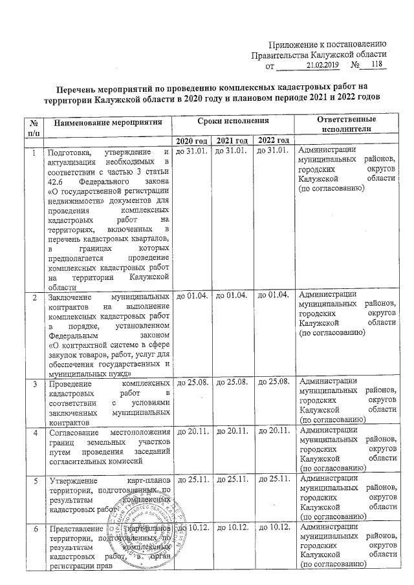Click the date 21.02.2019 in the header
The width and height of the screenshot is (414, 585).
(x=318, y=65)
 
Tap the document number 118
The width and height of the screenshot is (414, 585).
(x=373, y=65)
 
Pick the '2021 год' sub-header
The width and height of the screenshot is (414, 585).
(x=232, y=141)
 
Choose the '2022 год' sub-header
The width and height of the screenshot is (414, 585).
(x=273, y=141)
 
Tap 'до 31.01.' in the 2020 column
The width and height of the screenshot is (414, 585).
(x=191, y=151)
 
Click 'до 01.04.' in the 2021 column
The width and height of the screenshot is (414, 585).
(x=232, y=297)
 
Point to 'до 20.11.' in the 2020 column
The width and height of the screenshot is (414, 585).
(x=191, y=431)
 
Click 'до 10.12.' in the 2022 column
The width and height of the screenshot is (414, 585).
(x=273, y=530)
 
